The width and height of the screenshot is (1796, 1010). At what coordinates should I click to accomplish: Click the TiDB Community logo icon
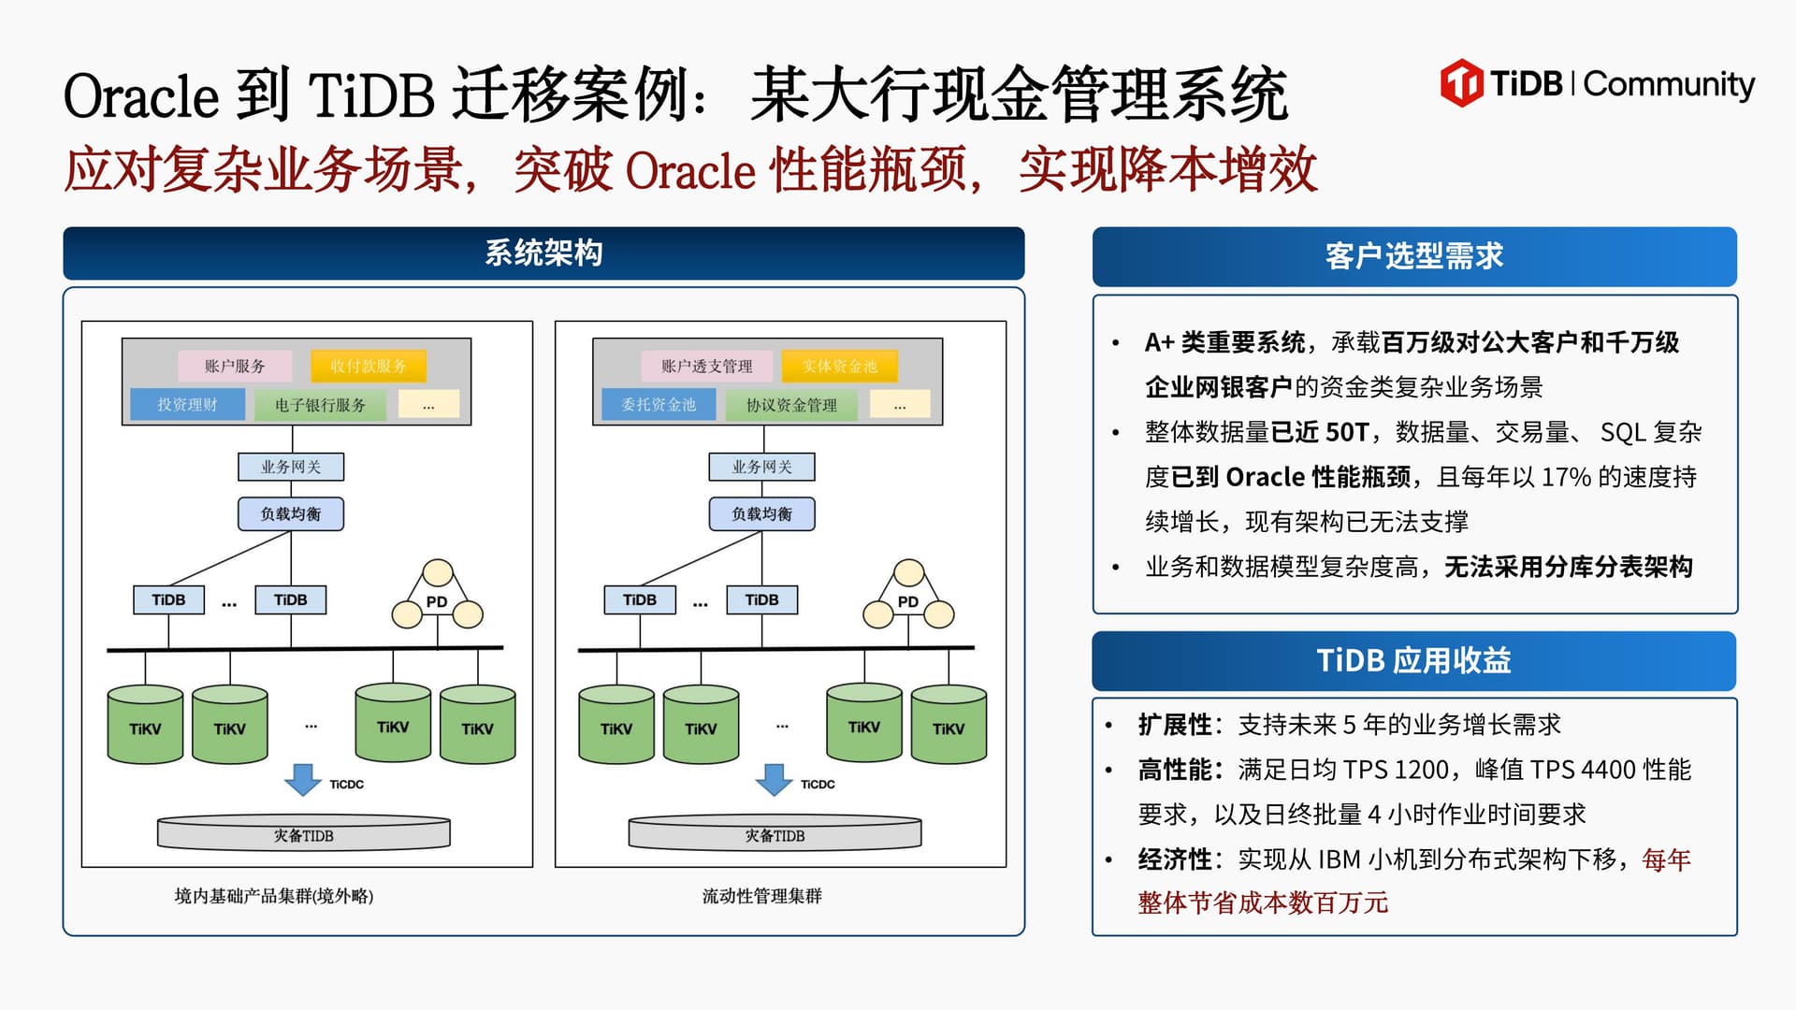1460,82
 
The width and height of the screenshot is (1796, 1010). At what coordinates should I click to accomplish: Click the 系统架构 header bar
543,253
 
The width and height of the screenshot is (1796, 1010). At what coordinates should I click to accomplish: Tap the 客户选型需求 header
1413,256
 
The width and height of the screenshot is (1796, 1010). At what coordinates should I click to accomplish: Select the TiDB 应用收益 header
1413,661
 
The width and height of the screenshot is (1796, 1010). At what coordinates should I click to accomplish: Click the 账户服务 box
235,366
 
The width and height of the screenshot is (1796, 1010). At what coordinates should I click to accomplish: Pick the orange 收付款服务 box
368,366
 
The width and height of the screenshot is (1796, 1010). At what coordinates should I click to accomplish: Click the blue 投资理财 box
187,404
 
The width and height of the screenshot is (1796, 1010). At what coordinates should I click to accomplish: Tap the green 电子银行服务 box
320,405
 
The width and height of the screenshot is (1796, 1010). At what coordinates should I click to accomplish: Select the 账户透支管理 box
706,366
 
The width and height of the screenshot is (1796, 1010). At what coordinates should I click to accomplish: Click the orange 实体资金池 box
839,366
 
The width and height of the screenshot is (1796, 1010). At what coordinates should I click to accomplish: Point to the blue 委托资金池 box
659,404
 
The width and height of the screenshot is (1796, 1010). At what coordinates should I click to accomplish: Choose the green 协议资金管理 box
791,405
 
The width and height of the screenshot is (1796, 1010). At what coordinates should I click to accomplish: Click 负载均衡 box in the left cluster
290,513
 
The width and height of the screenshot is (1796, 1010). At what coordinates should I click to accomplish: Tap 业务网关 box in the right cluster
761,467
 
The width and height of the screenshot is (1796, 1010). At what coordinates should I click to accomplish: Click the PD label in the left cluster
437,601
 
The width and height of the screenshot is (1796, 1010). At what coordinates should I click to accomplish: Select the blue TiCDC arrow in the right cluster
774,779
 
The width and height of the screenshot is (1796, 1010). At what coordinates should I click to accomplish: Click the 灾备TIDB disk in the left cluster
303,834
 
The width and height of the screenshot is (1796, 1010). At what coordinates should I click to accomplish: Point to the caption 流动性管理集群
761,896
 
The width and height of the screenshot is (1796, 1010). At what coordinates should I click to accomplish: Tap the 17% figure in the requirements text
1566,477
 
